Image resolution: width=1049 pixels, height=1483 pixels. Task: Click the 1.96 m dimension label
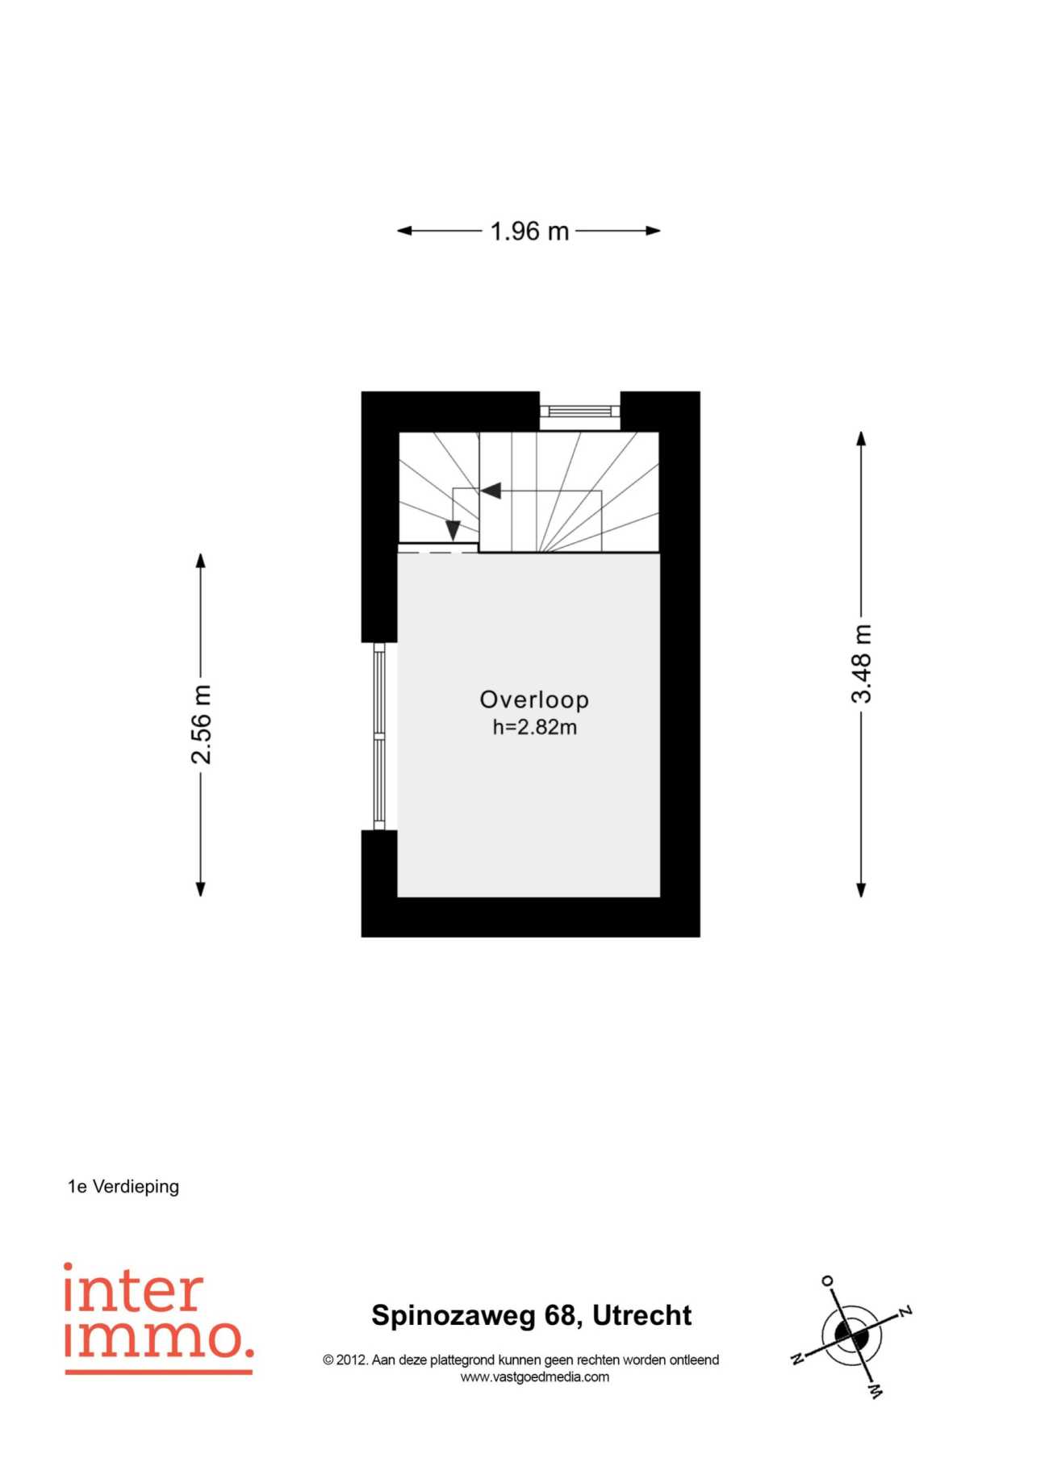pos(529,232)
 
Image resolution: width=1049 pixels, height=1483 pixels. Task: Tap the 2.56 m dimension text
pos(201,724)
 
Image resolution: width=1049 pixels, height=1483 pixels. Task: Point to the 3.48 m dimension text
pos(862,663)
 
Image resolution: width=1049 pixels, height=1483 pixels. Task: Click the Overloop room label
pos(534,700)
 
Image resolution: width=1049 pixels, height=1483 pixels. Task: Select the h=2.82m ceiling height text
pos(534,727)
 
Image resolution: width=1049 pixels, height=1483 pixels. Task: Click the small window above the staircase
pos(579,411)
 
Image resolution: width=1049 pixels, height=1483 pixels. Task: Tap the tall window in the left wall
pos(379,736)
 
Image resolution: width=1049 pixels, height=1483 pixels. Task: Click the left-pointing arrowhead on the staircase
pos(491,491)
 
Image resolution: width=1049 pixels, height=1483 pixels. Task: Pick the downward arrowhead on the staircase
pos(453,530)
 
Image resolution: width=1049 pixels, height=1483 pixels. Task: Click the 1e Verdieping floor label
pos(123,1186)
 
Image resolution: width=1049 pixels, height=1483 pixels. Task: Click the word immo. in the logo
pos(158,1337)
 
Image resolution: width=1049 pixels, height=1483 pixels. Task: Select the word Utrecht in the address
pos(642,1315)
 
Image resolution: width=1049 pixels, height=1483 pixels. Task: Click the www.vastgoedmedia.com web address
pos(534,1377)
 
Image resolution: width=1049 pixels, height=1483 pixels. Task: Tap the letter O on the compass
pos(827,1280)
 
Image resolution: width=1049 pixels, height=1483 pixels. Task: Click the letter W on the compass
pos(876,1391)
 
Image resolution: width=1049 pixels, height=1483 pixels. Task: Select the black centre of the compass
pos(851,1335)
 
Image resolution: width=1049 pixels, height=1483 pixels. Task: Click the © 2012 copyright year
pos(345,1360)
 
